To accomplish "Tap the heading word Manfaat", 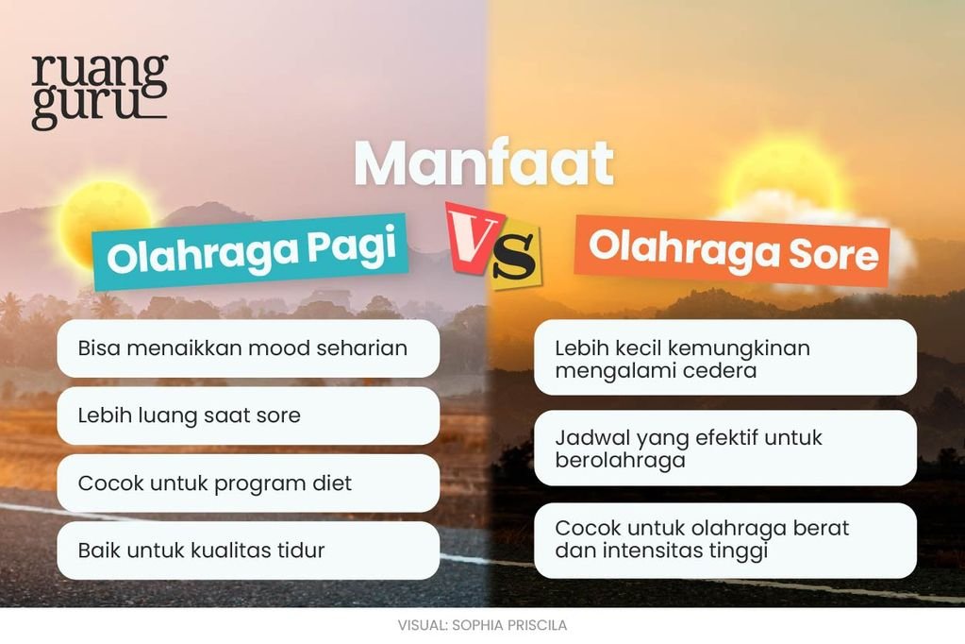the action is point(484,163).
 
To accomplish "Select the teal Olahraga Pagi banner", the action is point(251,251).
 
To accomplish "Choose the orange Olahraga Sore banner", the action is point(732,250).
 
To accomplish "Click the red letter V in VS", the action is point(473,237).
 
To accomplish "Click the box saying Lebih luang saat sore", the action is point(248,416).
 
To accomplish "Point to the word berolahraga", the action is point(621,461).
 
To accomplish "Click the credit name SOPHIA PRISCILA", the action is point(509,625).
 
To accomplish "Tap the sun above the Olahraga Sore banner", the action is point(782,178).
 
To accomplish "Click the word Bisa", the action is point(99,348).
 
